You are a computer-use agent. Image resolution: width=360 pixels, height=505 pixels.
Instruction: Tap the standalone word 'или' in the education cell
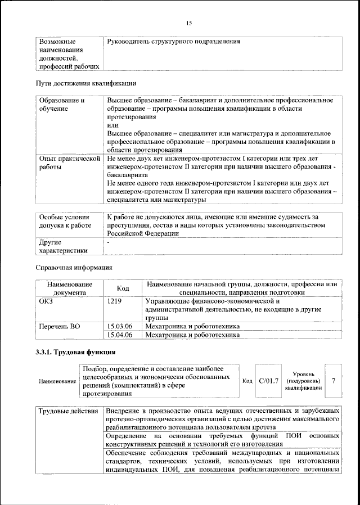(112, 125)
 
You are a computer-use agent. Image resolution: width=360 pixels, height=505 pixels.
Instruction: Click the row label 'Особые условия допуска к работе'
(64, 221)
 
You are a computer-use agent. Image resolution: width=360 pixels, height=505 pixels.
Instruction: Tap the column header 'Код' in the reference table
(123, 288)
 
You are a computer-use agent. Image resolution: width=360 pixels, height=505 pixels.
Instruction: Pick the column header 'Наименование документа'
(70, 288)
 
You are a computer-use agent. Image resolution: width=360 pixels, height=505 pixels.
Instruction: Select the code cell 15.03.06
(119, 326)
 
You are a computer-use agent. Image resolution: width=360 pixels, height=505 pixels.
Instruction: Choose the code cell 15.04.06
(119, 335)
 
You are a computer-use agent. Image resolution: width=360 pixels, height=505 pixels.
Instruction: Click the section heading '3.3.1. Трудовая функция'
(76, 353)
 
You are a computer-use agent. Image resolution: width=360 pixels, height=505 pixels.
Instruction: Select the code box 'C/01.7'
(268, 381)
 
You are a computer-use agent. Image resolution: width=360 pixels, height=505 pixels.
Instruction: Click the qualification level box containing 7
(334, 381)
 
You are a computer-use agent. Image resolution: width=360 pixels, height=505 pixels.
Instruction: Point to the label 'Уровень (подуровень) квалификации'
(303, 381)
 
